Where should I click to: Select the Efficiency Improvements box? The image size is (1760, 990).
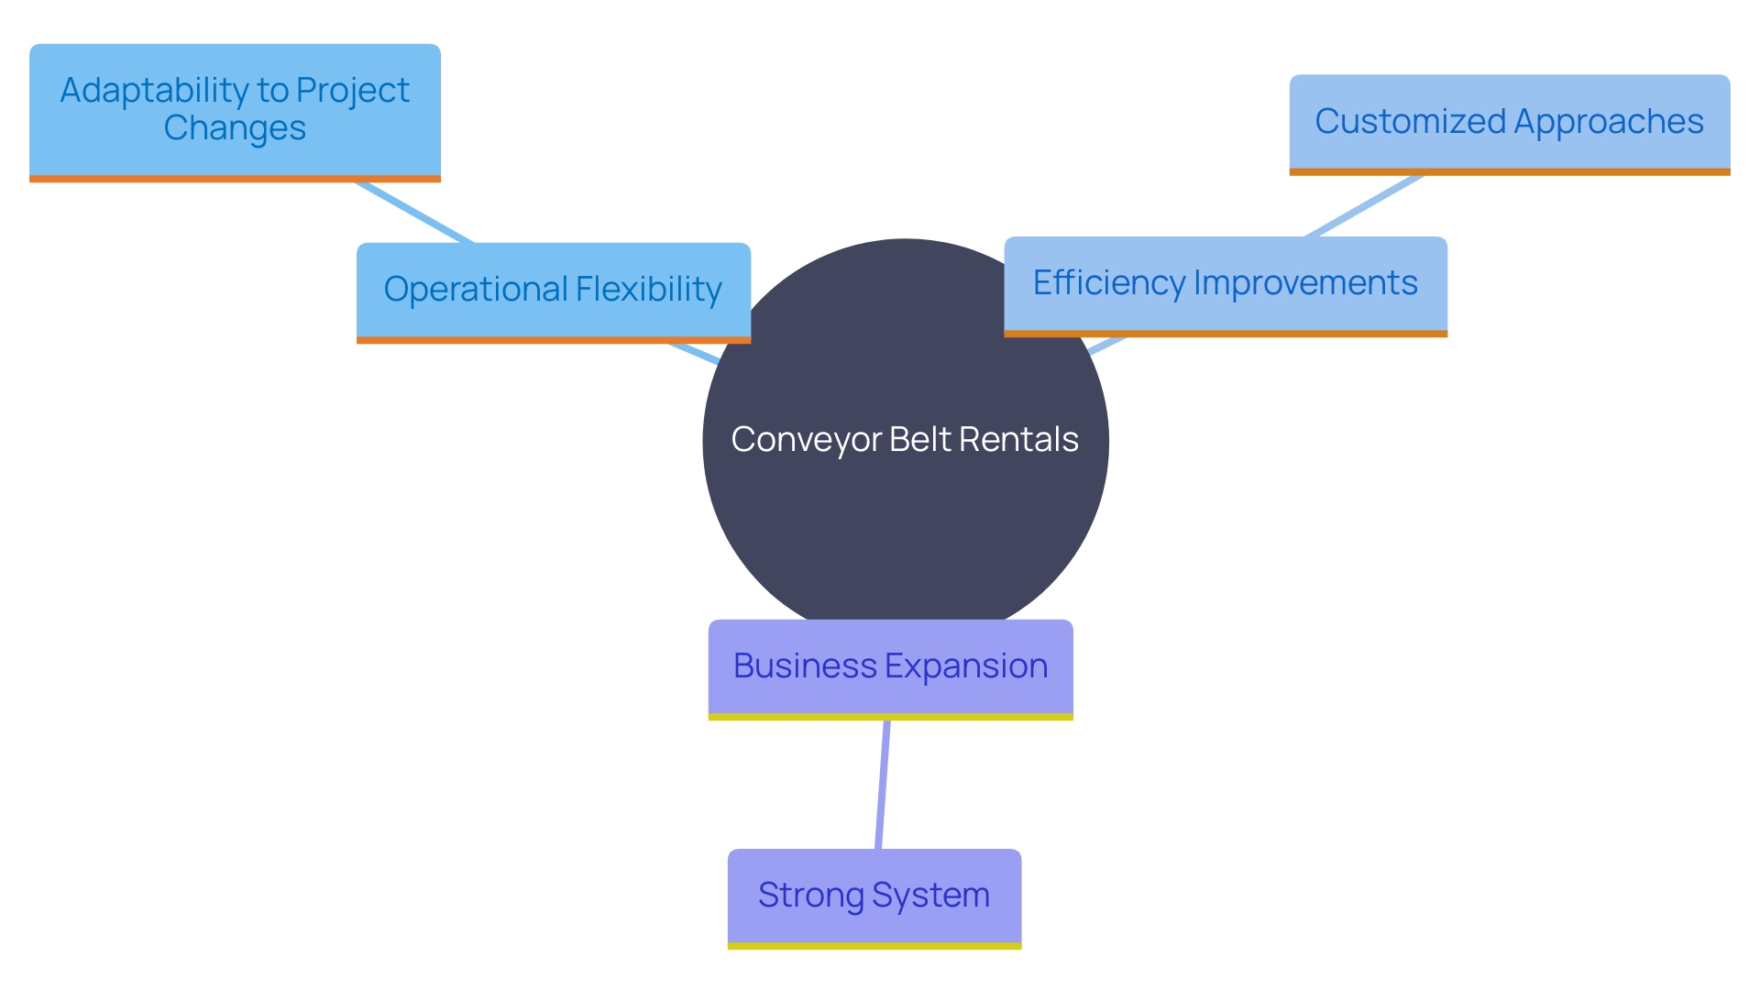click(1225, 285)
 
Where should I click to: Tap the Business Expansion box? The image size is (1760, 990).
click(890, 667)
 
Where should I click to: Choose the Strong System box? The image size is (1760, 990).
click(874, 896)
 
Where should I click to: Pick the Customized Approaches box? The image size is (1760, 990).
click(1509, 123)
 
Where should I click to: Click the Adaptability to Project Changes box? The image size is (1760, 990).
click(235, 110)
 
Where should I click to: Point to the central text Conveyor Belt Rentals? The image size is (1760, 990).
click(905, 440)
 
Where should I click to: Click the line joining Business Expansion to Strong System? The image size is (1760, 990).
click(882, 785)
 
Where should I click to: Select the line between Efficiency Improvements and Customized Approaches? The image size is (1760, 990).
click(1364, 205)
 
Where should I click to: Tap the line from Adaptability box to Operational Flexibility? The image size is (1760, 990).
click(414, 213)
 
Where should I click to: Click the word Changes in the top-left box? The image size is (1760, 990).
click(235, 128)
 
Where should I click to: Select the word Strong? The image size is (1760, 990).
click(810, 896)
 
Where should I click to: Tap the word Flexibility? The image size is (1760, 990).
click(648, 290)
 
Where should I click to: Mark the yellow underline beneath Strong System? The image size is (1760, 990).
click(874, 945)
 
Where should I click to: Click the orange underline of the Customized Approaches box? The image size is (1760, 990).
click(1509, 171)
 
